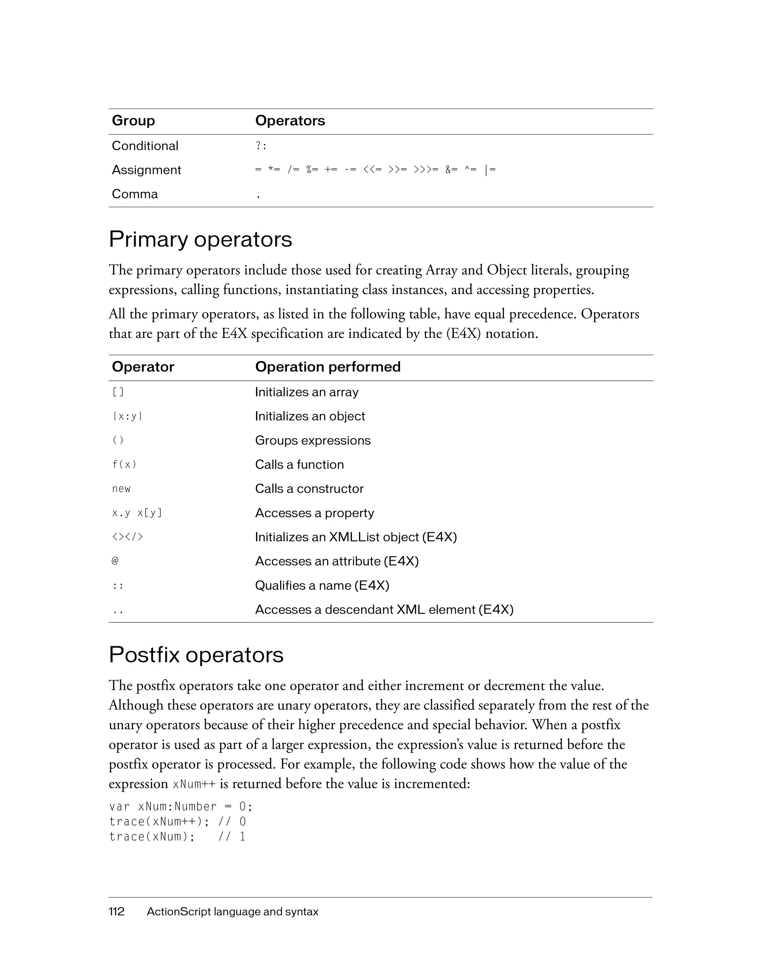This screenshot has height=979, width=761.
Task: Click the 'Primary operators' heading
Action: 200,239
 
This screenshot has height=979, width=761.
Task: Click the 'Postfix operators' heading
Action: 196,655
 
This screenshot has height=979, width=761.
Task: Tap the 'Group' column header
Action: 133,120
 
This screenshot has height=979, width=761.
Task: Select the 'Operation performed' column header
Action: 327,367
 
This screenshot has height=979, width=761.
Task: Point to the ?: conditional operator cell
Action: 261,146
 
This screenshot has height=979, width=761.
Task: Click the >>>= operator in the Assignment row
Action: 426,170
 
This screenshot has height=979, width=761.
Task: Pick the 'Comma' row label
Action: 135,194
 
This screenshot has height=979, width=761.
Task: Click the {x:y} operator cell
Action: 127,416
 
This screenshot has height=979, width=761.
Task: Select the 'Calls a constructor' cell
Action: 309,489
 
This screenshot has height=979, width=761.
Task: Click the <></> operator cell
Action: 127,537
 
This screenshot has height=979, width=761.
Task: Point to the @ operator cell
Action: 115,561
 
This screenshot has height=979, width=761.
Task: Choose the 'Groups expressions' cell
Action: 313,440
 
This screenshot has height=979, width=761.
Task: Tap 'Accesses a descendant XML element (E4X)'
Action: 384,610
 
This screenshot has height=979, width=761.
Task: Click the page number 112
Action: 116,911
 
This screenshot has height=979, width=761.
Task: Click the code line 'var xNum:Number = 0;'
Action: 181,806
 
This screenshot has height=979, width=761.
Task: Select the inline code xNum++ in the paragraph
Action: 194,784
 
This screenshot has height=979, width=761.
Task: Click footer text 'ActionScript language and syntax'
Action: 233,911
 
